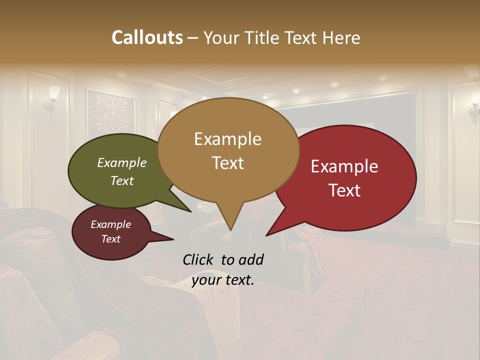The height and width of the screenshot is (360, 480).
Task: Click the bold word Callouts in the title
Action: (x=147, y=37)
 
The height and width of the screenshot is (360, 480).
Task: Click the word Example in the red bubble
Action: (x=344, y=166)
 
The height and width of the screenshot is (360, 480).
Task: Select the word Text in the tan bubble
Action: (x=228, y=163)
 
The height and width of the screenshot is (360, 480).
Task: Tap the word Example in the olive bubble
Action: (x=122, y=163)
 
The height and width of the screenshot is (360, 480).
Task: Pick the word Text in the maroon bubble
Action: (x=111, y=239)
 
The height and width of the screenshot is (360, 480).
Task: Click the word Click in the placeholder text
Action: (x=199, y=259)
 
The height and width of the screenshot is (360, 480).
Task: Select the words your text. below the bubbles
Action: (x=223, y=280)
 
